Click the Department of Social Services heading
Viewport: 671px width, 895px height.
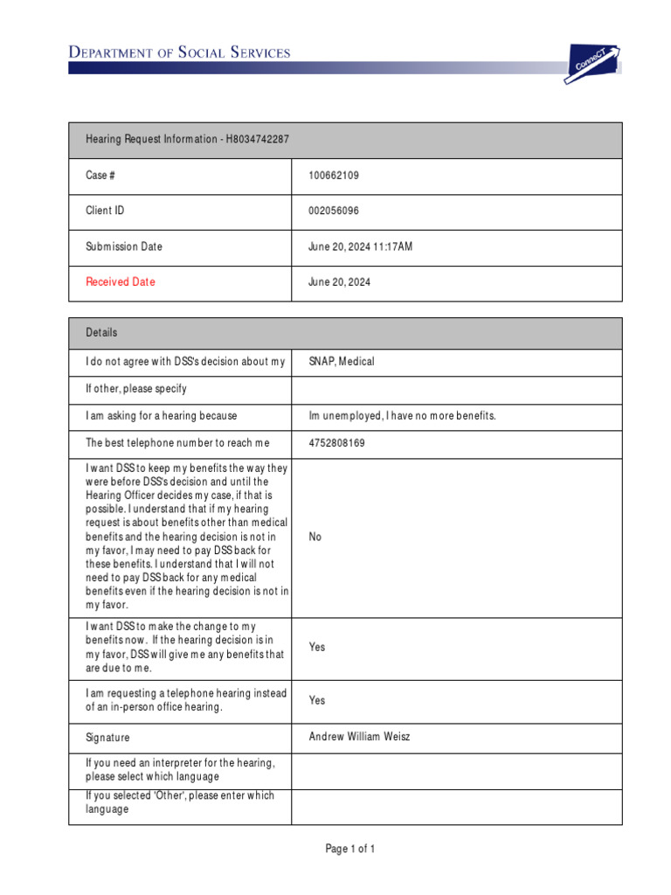[x=179, y=52]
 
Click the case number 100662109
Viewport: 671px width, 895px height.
[x=333, y=176]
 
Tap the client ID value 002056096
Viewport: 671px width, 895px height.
[x=333, y=211]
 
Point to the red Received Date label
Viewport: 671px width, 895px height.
[x=120, y=282]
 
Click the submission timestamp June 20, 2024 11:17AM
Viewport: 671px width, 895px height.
[x=360, y=246]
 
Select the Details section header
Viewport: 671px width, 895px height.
[x=101, y=333]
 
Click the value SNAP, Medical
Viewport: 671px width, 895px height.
[x=341, y=361]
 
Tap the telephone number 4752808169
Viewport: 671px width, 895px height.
[x=336, y=443]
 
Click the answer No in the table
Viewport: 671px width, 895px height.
[x=315, y=537]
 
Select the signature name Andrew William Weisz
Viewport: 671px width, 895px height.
[x=359, y=737]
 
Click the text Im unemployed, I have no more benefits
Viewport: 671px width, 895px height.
[x=402, y=416]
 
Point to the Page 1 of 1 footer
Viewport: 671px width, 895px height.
[x=350, y=849]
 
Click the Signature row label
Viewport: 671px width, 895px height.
[x=107, y=738]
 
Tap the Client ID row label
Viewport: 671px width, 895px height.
[x=105, y=211]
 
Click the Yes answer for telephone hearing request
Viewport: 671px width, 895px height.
[x=316, y=700]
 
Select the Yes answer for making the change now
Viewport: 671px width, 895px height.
[x=316, y=647]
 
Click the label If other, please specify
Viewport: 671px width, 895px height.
[x=135, y=389]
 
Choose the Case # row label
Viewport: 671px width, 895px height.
[x=100, y=176]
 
